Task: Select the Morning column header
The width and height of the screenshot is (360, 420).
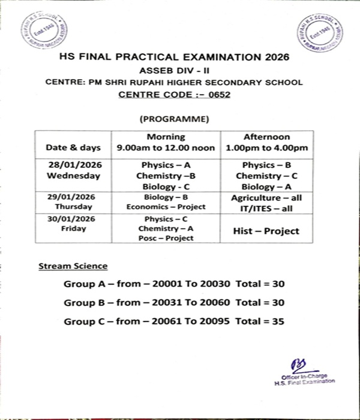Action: [x=166, y=137]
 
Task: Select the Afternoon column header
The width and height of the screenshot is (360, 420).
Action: [x=267, y=137]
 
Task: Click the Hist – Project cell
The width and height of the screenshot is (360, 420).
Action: [x=267, y=230]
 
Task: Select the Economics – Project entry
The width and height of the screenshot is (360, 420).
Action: [x=166, y=206]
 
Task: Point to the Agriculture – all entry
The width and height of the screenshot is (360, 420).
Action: [x=267, y=197]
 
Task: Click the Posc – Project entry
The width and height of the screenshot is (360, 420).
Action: [x=166, y=238]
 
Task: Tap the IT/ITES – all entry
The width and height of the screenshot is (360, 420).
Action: [x=267, y=207]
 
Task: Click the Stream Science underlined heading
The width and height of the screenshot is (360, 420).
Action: [x=73, y=265]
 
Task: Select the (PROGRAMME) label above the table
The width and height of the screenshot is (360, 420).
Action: [x=174, y=119]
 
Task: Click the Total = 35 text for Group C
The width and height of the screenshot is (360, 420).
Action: [x=260, y=322]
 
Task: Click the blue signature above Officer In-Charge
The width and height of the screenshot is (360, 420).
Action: [x=296, y=365]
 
